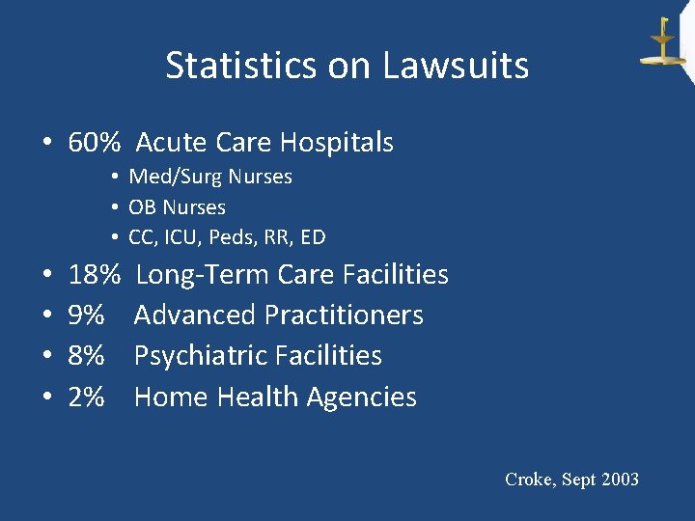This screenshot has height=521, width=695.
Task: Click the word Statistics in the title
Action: pyautogui.click(x=224, y=66)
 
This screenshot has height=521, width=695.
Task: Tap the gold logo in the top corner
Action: pyautogui.click(x=663, y=42)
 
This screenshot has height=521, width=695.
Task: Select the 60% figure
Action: pyautogui.click(x=95, y=143)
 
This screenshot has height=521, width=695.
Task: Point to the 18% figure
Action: pyautogui.click(x=95, y=275)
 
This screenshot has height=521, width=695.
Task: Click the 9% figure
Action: pyautogui.click(x=87, y=315)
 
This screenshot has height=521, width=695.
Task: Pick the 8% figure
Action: pyautogui.click(x=87, y=356)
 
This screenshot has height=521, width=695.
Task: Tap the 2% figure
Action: pyautogui.click(x=87, y=397)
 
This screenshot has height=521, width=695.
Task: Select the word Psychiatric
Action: pyautogui.click(x=200, y=356)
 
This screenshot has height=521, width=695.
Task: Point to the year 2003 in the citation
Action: pyautogui.click(x=618, y=480)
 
